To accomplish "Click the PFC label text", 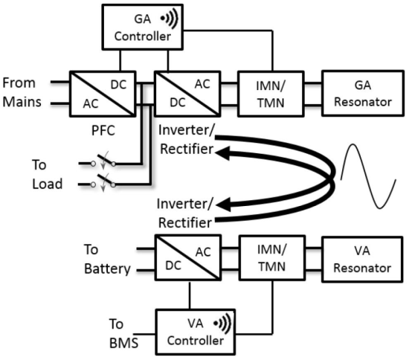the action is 103,130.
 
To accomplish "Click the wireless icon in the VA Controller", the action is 223,324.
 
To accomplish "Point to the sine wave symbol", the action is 369,176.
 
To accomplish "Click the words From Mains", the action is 22,92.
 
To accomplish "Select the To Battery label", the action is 107,259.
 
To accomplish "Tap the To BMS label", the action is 123,334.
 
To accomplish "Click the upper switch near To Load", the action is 103,161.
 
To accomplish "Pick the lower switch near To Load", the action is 103,182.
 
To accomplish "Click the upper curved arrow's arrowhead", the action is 222,153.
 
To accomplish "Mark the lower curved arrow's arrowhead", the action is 224,205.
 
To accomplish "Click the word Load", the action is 48,184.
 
